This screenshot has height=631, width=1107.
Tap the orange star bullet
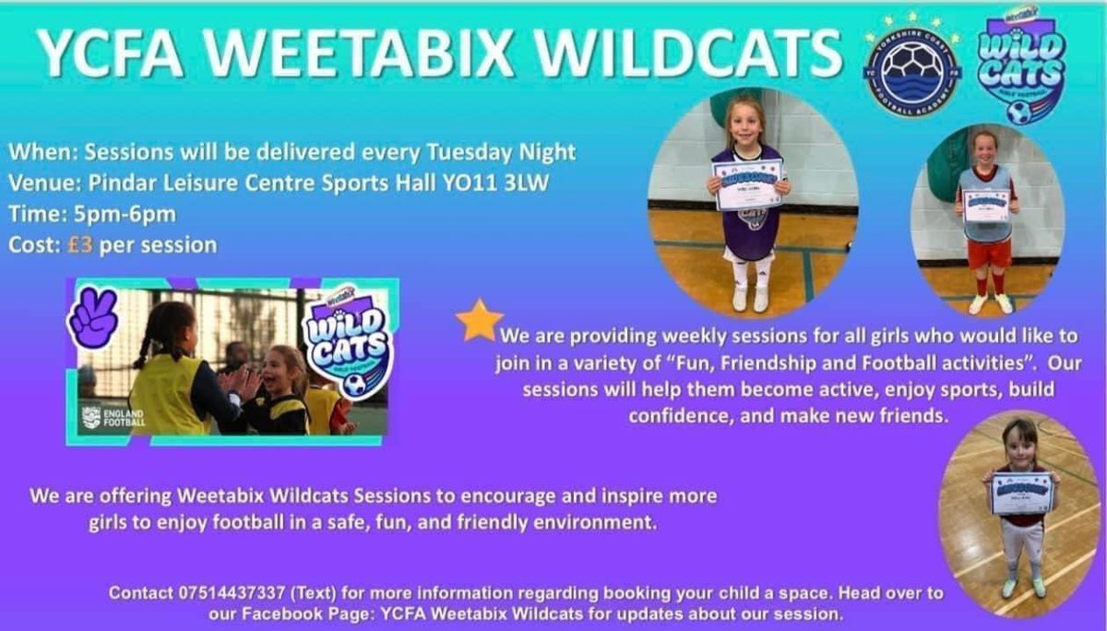pos(479,320)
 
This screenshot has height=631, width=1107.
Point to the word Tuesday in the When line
pos(467,151)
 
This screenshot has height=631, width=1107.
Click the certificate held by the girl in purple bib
pos(747,184)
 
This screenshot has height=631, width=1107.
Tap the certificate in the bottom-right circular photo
pos(1021,493)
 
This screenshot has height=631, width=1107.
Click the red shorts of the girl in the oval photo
pos(989,255)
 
